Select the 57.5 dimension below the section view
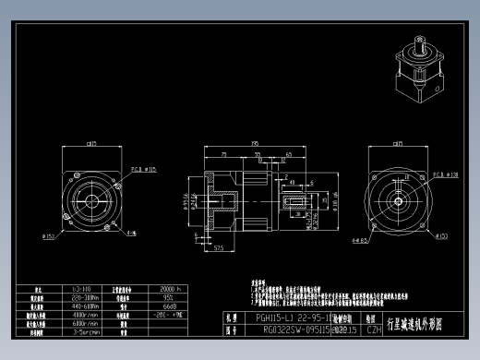220,248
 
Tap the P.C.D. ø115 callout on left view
144,170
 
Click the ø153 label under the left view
47,236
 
